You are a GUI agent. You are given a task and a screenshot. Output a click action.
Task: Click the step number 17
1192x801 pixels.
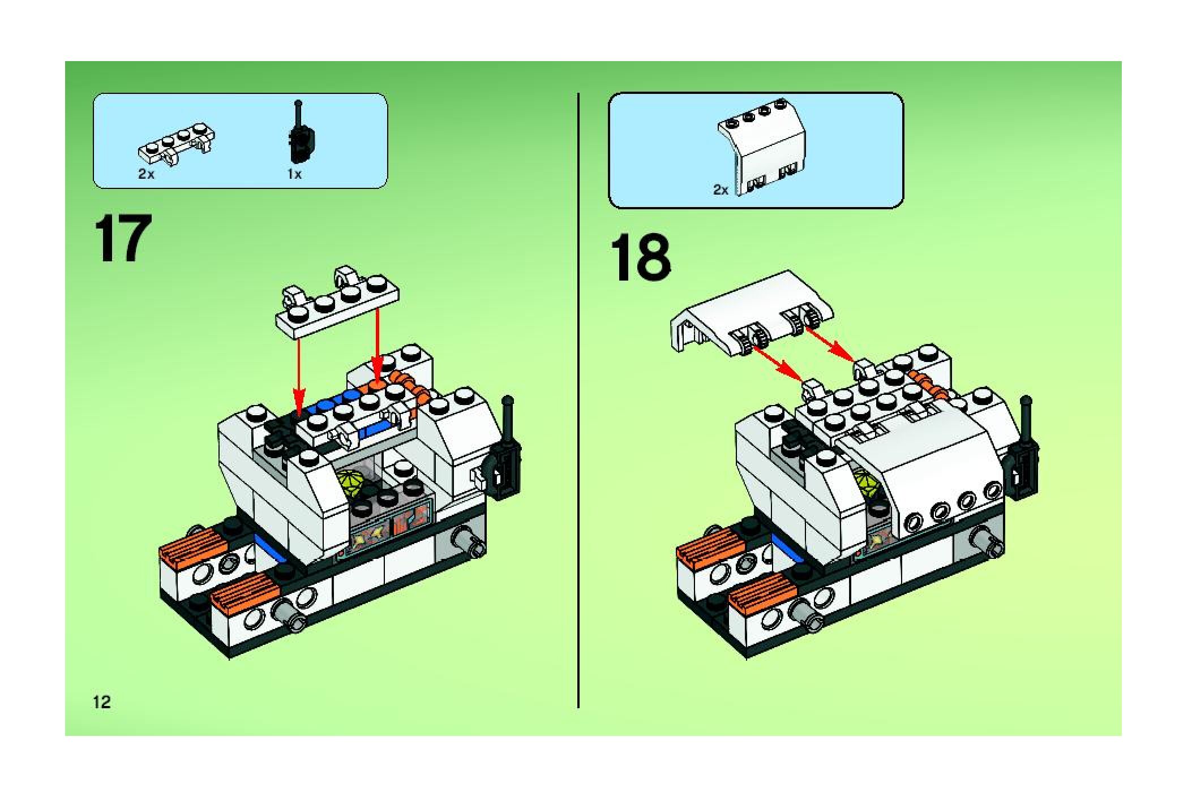click(x=124, y=239)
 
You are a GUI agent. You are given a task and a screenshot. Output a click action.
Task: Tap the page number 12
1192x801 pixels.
click(x=102, y=703)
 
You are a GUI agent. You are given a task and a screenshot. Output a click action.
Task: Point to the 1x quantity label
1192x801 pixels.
click(x=294, y=174)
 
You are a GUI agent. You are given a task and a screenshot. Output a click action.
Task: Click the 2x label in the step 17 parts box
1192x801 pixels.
click(x=146, y=174)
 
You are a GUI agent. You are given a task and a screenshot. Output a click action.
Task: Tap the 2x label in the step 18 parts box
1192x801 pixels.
click(x=721, y=190)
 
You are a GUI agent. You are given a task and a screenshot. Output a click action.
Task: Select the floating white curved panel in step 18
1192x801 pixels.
click(x=751, y=315)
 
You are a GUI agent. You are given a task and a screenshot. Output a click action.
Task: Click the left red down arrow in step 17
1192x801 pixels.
click(x=299, y=377)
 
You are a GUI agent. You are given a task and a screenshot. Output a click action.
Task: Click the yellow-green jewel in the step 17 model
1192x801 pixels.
click(x=351, y=485)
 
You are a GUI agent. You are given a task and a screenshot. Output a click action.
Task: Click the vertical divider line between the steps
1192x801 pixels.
click(x=578, y=401)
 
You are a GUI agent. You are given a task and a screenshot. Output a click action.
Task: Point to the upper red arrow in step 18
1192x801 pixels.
click(x=830, y=344)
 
